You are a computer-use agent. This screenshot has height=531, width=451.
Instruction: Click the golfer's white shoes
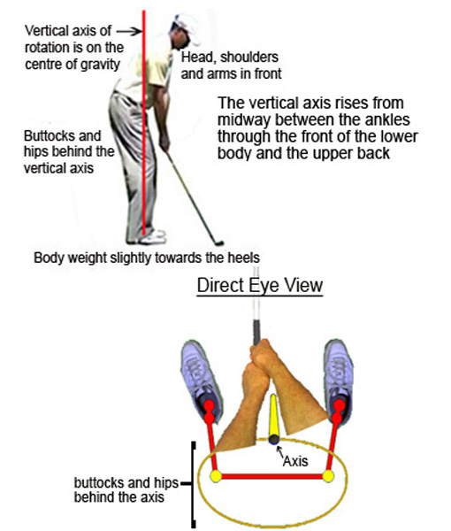pos(151,236)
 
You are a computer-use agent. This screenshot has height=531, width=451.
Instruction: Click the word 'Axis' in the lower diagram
pos(294,460)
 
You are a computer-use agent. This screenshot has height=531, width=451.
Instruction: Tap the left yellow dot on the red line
pos(215,476)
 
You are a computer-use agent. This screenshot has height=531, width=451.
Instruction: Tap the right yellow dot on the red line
pos(328,476)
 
